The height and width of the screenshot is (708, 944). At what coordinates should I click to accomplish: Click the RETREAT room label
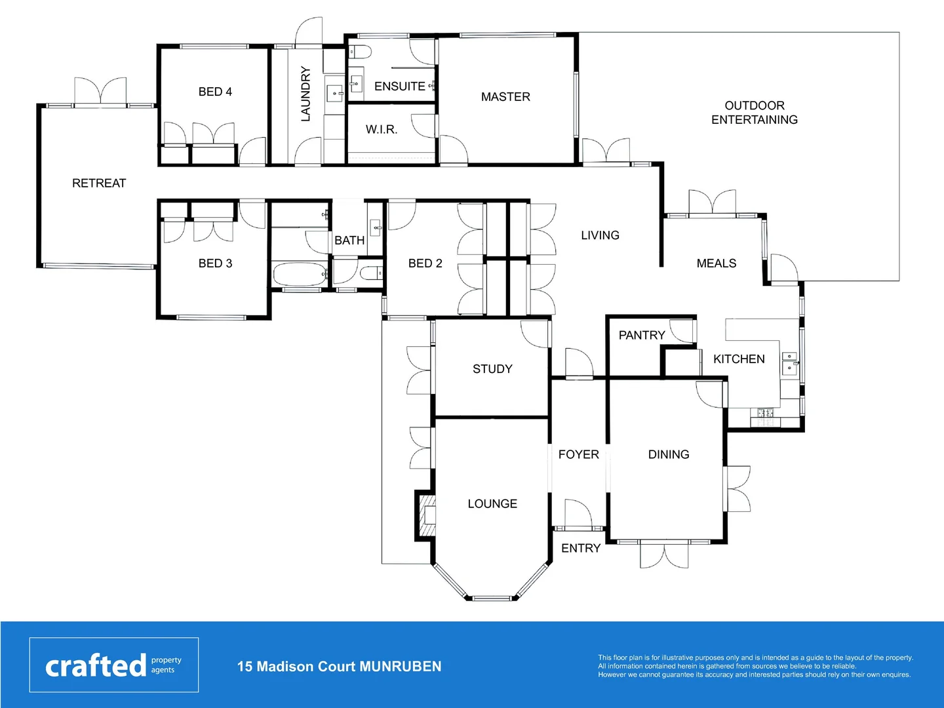point(99,184)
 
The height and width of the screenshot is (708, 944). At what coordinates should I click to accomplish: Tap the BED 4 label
point(215,92)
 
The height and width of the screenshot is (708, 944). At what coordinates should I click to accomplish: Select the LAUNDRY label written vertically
point(305,94)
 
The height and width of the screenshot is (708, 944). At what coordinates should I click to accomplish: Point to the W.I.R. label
point(382,130)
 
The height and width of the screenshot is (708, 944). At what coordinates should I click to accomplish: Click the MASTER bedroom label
point(505,97)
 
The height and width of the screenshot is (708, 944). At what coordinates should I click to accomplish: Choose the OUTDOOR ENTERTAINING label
point(755,113)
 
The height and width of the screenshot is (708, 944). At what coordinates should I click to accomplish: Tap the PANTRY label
point(642,336)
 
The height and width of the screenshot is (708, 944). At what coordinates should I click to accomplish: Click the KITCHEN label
point(739,359)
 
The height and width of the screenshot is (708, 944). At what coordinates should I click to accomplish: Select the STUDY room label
point(492,369)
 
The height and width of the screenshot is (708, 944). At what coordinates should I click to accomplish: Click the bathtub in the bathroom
point(299,274)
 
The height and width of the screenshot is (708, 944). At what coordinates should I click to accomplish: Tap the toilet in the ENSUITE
point(360,52)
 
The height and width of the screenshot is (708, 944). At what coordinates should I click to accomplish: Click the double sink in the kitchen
point(790,363)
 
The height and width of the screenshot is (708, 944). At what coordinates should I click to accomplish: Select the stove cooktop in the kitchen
point(765,413)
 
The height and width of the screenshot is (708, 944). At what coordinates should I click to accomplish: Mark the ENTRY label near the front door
point(581,549)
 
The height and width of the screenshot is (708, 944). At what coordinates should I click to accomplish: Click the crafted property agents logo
point(113,665)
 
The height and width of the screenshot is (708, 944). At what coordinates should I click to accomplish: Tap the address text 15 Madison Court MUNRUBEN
point(339,667)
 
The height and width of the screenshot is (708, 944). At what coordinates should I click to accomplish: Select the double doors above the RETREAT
point(100,92)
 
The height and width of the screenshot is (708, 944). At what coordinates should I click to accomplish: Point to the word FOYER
point(578,455)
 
